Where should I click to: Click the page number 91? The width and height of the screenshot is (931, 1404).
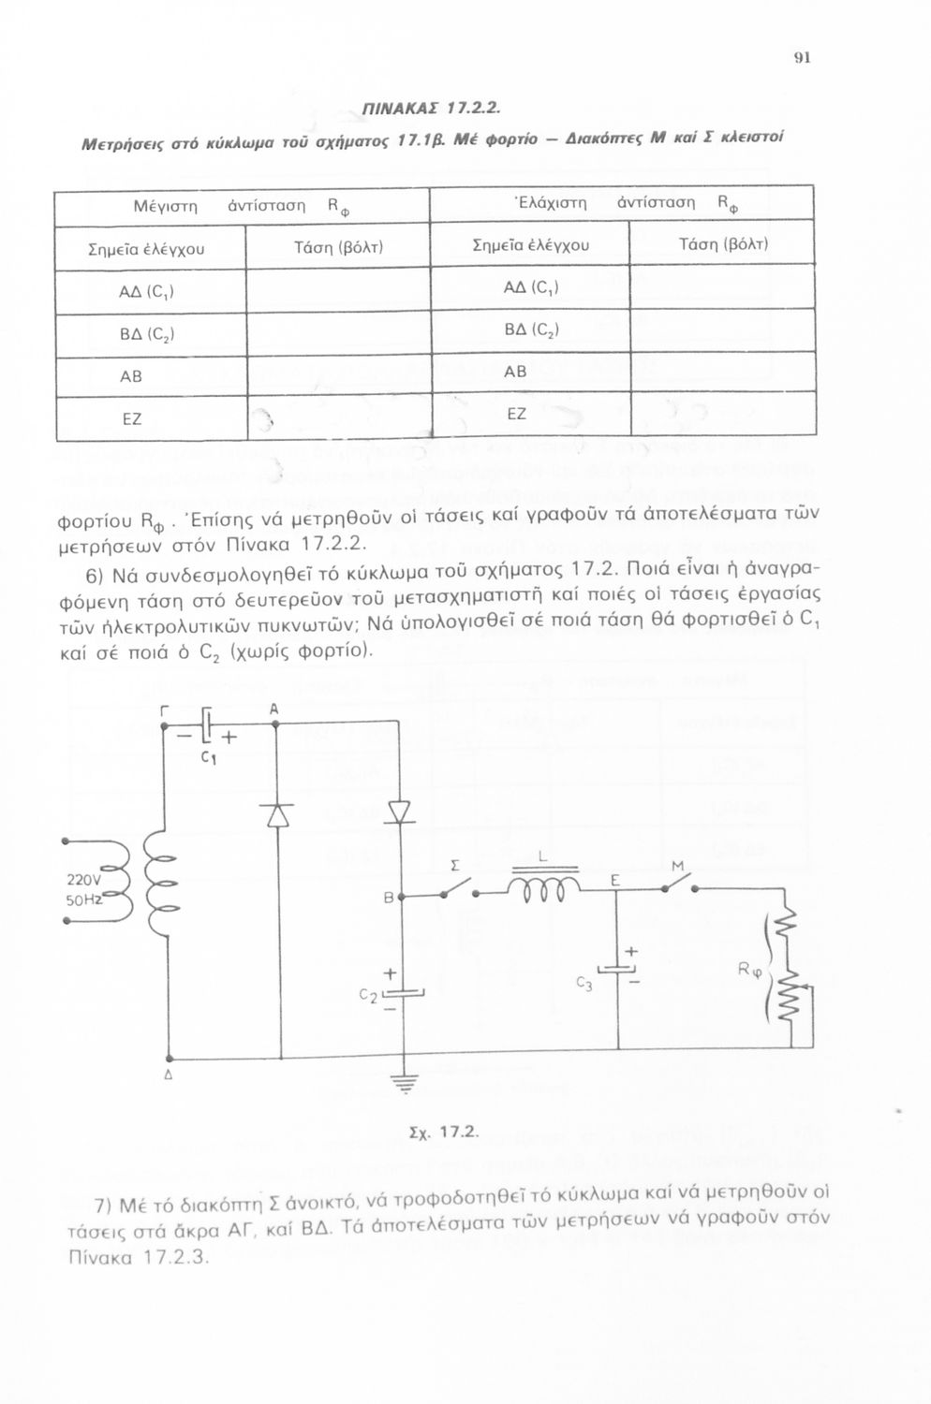tap(803, 58)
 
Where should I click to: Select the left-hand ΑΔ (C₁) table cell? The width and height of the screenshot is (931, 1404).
tap(151, 292)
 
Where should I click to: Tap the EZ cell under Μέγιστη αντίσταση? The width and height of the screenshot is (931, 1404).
tap(151, 418)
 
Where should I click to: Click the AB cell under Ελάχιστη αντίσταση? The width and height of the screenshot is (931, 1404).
tap(531, 373)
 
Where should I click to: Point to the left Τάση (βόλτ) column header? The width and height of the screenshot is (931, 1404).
tap(338, 248)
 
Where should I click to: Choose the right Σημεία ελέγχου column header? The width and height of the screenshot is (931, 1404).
tap(531, 244)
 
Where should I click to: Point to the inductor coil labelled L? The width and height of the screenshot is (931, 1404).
tap(544, 886)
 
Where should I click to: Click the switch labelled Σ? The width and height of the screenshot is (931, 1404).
tap(459, 889)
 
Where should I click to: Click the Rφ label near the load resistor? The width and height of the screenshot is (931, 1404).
tap(749, 973)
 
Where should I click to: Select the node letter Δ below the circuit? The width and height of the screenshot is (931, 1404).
tap(169, 1075)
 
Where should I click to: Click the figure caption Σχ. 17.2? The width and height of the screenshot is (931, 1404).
tap(444, 1133)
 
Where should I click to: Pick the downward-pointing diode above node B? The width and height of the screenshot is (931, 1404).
tap(400, 812)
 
